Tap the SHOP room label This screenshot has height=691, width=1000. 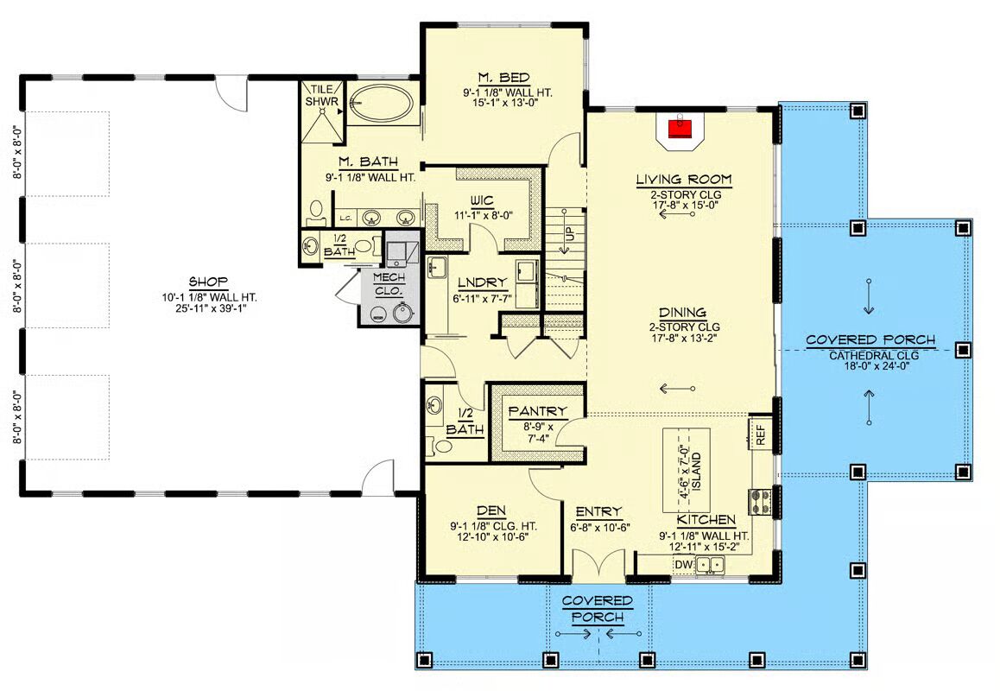coord(208,282)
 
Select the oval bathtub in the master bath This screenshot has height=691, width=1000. coord(381,104)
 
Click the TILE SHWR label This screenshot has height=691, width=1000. coord(322,96)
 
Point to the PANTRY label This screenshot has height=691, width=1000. coord(537,411)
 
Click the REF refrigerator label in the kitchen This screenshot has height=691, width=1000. coord(761,434)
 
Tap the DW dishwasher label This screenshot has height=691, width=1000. coord(683,565)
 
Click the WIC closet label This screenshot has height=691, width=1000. coord(482,201)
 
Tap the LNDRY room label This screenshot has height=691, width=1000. coord(482,282)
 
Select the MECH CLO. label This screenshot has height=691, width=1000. coord(389,284)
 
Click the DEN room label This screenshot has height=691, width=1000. coord(491,510)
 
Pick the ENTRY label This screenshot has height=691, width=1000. coord(598,511)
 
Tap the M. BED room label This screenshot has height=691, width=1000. coord(503,77)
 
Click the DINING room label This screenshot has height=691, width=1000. coord(682,313)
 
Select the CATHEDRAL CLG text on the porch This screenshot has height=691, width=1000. coord(874,355)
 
